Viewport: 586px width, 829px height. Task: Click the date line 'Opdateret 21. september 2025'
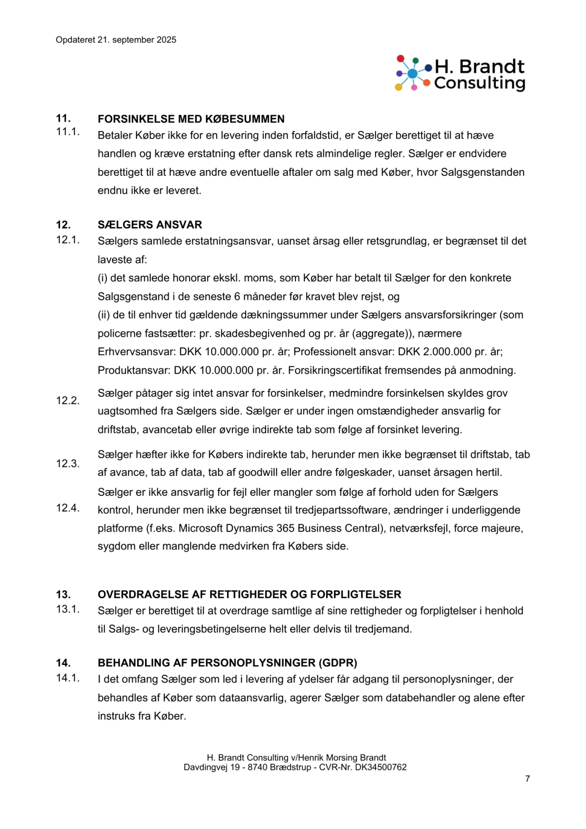(116, 40)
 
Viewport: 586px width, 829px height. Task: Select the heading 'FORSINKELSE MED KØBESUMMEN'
(191, 119)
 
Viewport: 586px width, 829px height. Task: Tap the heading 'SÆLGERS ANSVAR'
(149, 225)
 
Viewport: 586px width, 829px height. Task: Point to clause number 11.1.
(67, 132)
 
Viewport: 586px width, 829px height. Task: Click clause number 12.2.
(67, 401)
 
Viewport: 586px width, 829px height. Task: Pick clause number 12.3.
(67, 464)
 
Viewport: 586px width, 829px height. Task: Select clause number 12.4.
(67, 508)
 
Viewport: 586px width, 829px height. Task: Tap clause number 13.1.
(67, 609)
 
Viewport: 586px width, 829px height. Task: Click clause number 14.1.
(67, 678)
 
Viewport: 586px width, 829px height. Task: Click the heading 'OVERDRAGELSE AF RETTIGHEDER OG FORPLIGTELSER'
(249, 595)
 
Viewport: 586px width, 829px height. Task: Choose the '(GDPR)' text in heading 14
(338, 663)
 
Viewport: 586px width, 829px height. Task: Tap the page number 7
(527, 779)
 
